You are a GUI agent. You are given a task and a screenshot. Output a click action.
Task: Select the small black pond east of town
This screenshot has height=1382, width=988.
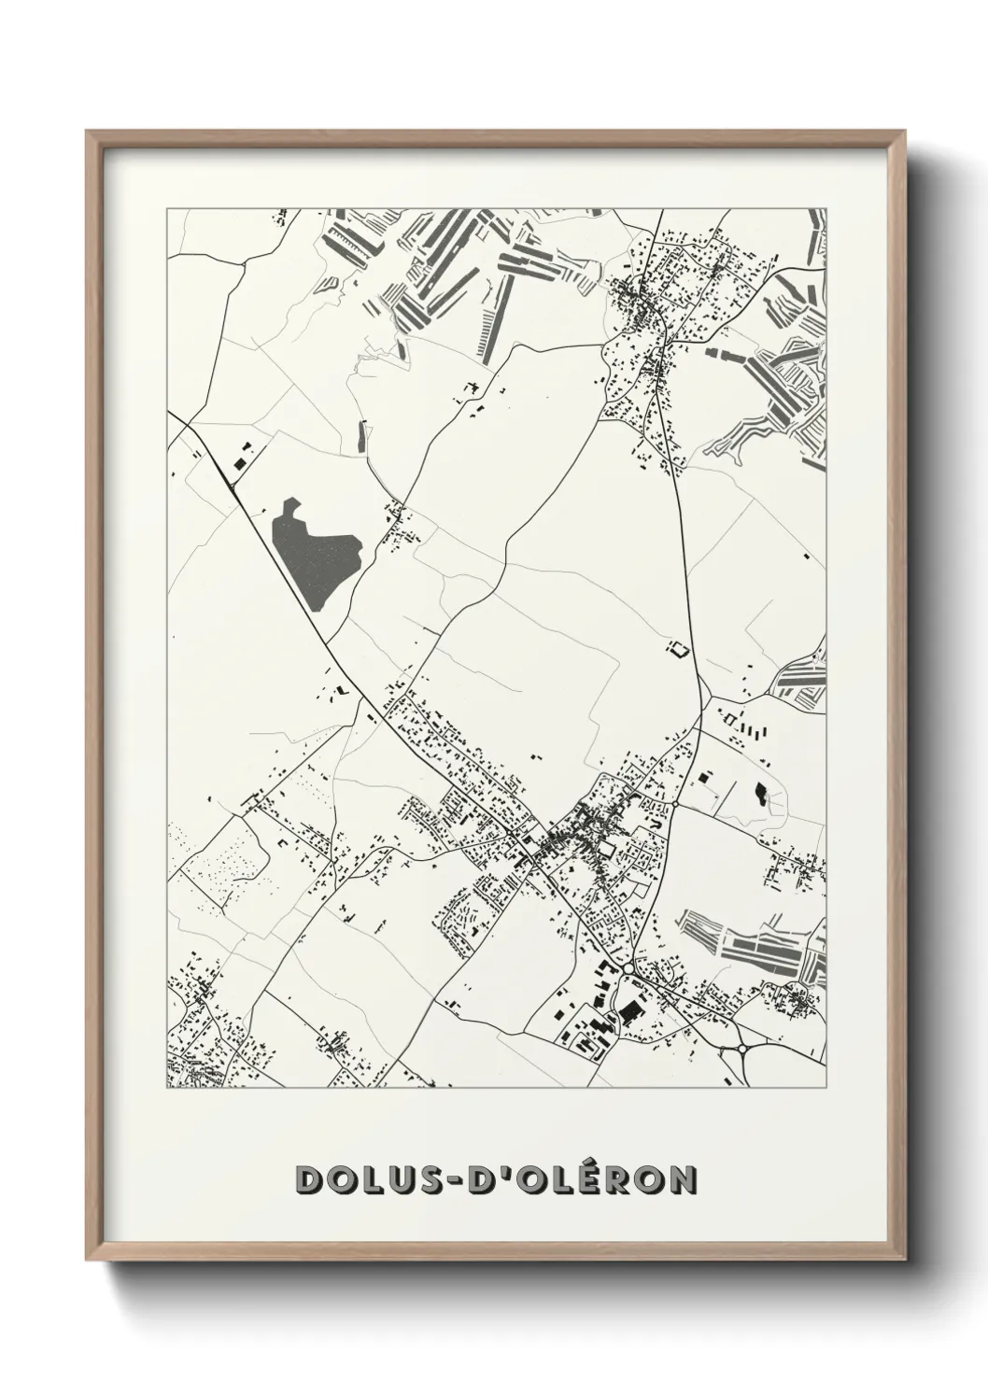point(760,795)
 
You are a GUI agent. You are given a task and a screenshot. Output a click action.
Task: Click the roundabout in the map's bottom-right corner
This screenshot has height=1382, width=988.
point(741,1048)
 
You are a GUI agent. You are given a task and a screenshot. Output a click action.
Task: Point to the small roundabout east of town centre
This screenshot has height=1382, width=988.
point(674,803)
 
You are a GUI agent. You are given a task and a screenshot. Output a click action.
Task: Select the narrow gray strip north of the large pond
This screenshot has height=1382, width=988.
point(361,435)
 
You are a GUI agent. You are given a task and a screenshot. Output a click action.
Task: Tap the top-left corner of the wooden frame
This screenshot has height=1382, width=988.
point(88,133)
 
